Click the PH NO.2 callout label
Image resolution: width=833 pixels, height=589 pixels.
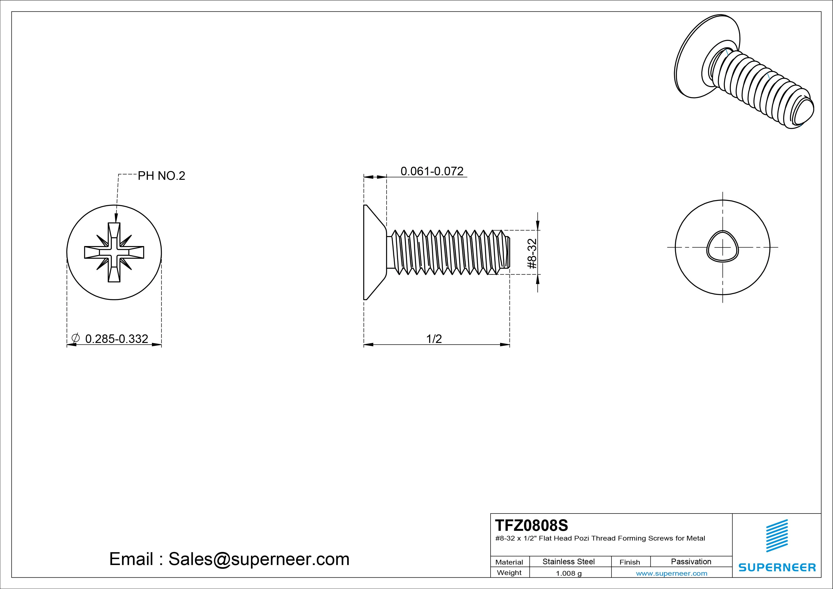click(161, 176)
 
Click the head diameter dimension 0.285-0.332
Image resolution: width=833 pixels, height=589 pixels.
click(116, 339)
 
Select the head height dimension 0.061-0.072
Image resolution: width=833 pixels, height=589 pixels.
click(432, 171)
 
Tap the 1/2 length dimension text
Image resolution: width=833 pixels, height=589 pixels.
click(434, 339)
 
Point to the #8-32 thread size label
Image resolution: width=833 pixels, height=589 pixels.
click(532, 253)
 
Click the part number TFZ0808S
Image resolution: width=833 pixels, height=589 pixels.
click(531, 525)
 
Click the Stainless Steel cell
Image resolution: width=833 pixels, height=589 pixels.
click(568, 561)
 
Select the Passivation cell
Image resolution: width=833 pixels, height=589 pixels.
click(691, 561)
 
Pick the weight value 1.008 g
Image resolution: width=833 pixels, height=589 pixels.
click(568, 573)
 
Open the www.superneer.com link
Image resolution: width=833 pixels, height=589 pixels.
click(672, 573)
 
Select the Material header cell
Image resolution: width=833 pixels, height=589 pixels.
click(509, 562)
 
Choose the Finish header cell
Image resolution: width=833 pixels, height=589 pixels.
click(629, 562)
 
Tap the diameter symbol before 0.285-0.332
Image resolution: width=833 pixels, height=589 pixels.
click(76, 338)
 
